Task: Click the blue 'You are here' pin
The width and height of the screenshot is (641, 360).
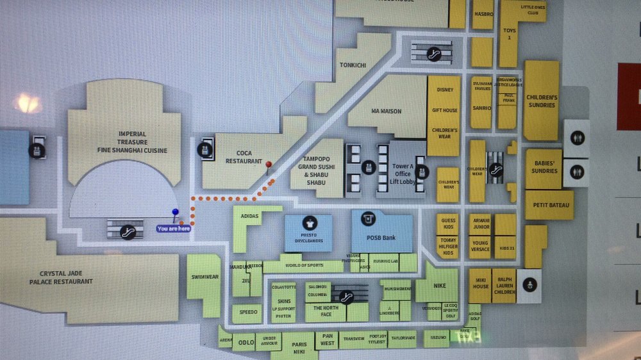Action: click(175, 213)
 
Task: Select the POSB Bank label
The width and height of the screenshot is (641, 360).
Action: click(381, 238)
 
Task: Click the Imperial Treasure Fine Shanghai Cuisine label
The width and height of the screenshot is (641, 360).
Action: click(133, 142)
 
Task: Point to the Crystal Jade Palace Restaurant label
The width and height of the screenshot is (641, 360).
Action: click(61, 277)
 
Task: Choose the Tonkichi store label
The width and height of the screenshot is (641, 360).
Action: click(353, 65)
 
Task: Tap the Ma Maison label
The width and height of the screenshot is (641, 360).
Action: click(387, 111)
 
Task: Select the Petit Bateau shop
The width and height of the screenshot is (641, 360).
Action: click(548, 206)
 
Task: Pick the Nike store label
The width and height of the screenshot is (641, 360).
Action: click(439, 286)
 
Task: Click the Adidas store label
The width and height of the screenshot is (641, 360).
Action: click(249, 217)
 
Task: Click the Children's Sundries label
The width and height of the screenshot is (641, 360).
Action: click(542, 101)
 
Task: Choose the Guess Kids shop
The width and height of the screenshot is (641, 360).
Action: click(448, 224)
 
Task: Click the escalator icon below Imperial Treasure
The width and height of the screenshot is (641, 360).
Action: click(128, 232)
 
